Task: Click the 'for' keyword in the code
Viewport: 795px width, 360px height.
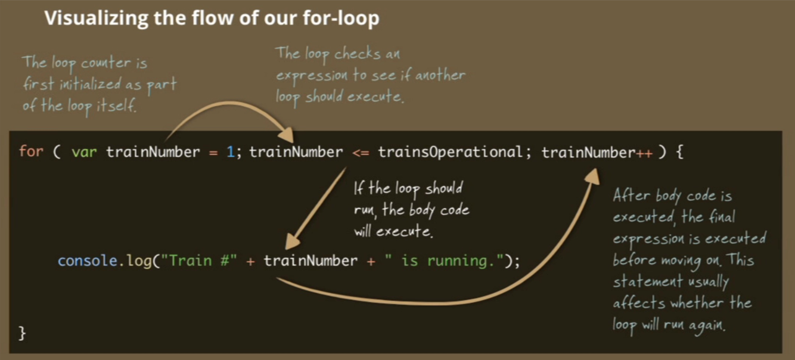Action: click(x=30, y=152)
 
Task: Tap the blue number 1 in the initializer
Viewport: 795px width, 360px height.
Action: click(x=230, y=152)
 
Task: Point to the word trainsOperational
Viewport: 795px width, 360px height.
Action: click(x=450, y=152)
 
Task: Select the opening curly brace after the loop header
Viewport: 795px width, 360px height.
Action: click(x=679, y=152)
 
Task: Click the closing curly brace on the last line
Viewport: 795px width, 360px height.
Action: click(x=23, y=333)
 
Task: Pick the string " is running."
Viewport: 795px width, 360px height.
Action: click(x=441, y=261)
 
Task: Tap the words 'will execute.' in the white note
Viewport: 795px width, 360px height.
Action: click(x=393, y=231)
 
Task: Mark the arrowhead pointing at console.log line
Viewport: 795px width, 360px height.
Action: click(x=293, y=241)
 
